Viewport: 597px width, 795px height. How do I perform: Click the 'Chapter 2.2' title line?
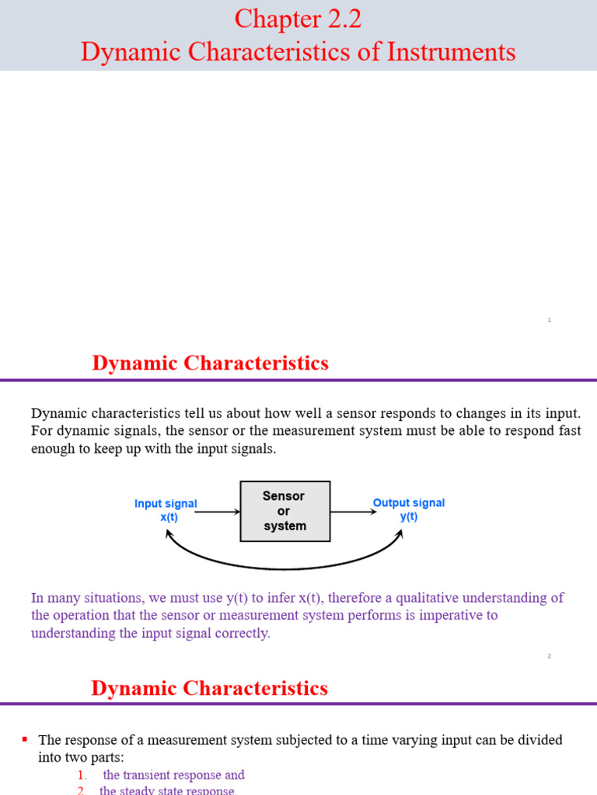coord(298,19)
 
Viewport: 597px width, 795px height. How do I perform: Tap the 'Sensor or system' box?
coord(285,511)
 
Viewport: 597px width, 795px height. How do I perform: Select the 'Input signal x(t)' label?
coord(166,510)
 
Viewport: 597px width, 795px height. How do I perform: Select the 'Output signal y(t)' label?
coord(409,509)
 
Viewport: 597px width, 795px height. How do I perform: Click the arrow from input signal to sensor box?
coord(219,512)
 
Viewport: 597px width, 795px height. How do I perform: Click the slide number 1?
coord(549,320)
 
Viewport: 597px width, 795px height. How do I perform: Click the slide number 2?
coord(549,656)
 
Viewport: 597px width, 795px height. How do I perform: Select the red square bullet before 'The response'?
coord(26,739)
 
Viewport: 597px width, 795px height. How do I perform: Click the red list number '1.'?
coord(82,775)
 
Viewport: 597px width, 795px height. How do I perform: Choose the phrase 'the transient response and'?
coord(174,775)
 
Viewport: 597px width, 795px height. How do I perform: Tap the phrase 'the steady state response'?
coord(166,790)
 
